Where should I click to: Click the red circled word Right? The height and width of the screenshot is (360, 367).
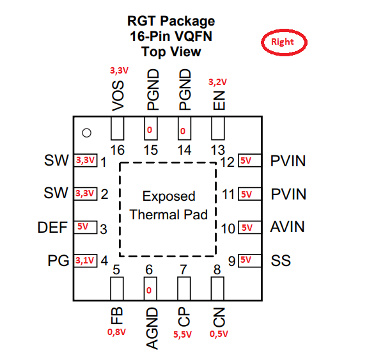point(282,42)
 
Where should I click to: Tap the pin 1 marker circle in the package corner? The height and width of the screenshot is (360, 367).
point(86,133)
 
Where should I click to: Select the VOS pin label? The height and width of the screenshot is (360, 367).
point(118,96)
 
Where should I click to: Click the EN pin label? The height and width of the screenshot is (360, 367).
point(219,100)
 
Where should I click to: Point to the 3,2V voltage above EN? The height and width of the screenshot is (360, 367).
point(217,82)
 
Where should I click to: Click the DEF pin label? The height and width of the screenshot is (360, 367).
point(52,227)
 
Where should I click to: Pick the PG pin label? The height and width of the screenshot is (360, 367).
point(58,260)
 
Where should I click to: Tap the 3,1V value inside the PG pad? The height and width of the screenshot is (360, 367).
point(84,260)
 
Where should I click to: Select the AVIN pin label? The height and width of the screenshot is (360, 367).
point(288,227)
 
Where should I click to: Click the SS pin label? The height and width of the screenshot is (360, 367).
point(281,260)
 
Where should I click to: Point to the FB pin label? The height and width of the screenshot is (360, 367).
point(116,316)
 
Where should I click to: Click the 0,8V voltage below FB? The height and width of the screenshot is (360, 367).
point(116,332)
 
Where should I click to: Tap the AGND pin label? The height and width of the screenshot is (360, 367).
point(152,329)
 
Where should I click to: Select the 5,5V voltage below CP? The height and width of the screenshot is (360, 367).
point(182,334)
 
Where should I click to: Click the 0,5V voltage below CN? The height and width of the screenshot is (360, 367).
point(219,334)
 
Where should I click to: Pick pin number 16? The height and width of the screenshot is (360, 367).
point(117,150)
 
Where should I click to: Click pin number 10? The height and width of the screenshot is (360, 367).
point(228,229)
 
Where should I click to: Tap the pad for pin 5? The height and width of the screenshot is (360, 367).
point(117,288)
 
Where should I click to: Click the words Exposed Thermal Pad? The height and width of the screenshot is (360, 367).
point(169,205)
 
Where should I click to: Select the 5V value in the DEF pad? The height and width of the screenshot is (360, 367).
point(82,226)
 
